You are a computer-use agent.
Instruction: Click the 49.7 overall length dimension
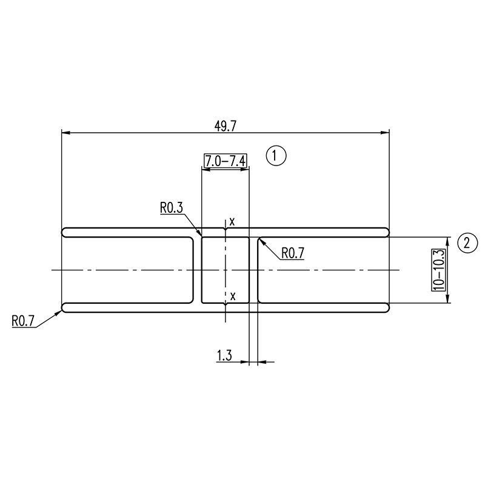225,126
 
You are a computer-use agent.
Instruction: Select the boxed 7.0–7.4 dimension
226,161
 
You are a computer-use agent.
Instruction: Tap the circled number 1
276,155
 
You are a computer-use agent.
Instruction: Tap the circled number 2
467,242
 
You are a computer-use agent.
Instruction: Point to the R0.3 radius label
172,207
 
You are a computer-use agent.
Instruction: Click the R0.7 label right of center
293,253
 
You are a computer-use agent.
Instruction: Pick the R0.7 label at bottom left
23,321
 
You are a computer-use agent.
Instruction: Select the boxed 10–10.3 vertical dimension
438,270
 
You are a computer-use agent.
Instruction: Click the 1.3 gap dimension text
224,355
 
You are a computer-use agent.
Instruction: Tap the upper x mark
232,221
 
